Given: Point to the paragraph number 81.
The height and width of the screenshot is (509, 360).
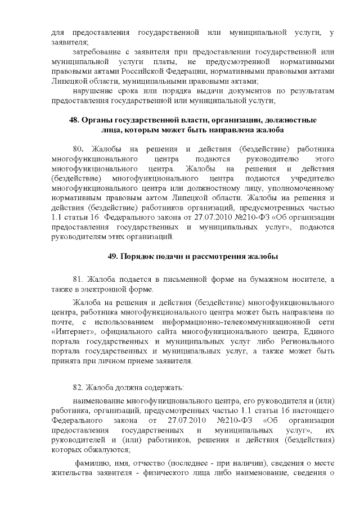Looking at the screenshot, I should pos(82,280).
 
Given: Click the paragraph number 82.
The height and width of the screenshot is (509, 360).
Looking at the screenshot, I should pos(82,387).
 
